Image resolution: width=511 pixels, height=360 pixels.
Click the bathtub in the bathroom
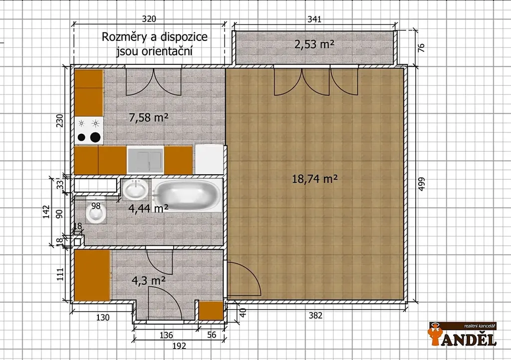pos(187,195)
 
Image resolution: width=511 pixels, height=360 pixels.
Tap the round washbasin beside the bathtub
pos(135,189)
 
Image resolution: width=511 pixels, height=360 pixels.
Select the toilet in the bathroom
pos(96,212)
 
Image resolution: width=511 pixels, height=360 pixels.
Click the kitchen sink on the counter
pos(145,159)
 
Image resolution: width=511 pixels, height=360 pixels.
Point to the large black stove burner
pos(95,137)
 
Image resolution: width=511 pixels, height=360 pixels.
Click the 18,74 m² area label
pos(314,179)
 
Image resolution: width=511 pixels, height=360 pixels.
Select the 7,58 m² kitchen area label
pos(149,117)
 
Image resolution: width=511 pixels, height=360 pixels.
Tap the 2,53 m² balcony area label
pos(314,44)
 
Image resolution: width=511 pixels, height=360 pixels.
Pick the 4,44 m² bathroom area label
pos(148,208)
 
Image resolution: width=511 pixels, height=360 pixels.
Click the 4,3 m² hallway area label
pos(148,281)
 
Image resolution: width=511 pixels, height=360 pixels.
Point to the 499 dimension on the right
pos(421,184)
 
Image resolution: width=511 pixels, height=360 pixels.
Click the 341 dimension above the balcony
pos(314,19)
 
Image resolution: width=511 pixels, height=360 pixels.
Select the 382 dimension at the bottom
pos(315,316)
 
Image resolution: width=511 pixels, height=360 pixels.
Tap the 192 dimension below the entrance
pos(179,346)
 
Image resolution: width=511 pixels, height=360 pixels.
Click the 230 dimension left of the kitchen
pos(60,120)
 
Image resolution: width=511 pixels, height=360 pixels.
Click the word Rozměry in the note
pos(124,37)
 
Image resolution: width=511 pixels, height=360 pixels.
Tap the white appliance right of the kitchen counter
pos(209,159)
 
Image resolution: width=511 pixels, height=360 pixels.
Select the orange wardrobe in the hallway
pos(92,275)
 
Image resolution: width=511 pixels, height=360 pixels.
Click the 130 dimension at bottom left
pos(103,317)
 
